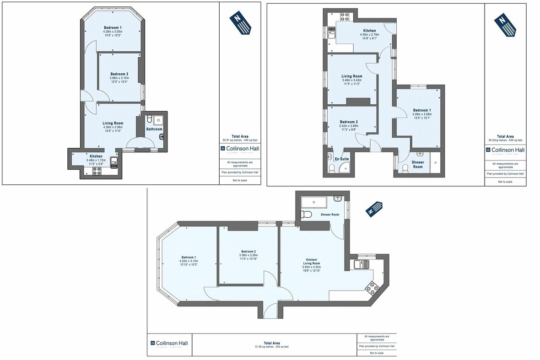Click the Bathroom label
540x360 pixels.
point(154,129)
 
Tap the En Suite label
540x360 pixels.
point(342,159)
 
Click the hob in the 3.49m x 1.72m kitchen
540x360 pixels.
point(97,171)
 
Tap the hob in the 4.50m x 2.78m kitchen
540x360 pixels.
point(344,18)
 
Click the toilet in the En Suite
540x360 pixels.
point(331,169)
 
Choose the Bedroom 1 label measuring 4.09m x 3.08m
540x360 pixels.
point(422,110)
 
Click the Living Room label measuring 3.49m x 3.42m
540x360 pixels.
point(351,76)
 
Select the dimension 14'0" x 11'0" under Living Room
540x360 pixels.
point(113,131)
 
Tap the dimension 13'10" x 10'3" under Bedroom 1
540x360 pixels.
point(188,265)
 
